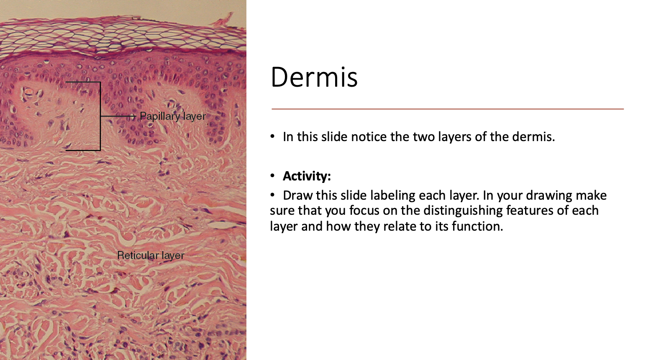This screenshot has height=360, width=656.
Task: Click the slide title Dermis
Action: [x=314, y=77]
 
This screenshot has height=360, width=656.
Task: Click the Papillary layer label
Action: [x=172, y=116]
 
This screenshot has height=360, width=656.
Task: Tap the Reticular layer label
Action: [x=151, y=255]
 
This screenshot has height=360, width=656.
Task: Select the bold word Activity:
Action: [x=307, y=176]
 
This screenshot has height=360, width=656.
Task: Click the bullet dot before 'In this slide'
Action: [x=273, y=137]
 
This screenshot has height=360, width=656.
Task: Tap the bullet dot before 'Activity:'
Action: [x=273, y=176]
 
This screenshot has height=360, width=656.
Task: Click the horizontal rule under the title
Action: [x=448, y=109]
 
